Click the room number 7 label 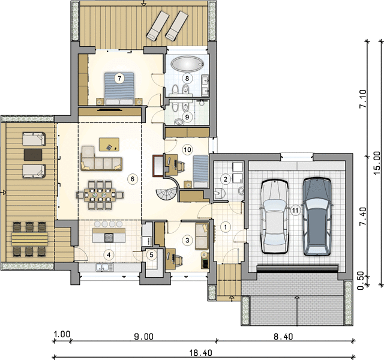coord(119,79)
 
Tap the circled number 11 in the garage coord(295,211)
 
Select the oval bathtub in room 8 coord(187,64)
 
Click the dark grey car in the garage coord(317,217)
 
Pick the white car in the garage coord(274,217)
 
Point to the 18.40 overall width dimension coord(201,353)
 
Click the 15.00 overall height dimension coord(377,163)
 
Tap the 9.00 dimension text coord(144,337)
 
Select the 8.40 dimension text coord(283,337)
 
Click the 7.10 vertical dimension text coord(363,98)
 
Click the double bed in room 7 coord(119,88)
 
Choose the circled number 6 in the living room coord(133,179)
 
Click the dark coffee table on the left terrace coord(33,155)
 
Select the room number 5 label coord(152,255)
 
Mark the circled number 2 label coord(226,179)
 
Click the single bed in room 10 coord(200,171)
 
